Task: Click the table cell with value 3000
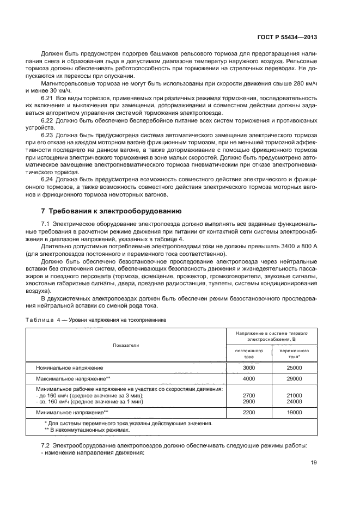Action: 249,368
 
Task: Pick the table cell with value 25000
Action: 294,368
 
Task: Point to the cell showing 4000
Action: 249,378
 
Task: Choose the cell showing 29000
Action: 294,378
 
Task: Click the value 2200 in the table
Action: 249,413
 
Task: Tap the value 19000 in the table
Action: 294,413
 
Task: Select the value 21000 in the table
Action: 294,395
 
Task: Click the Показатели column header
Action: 126,345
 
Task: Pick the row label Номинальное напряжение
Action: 66,368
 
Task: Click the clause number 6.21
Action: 48,97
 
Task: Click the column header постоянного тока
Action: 249,354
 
